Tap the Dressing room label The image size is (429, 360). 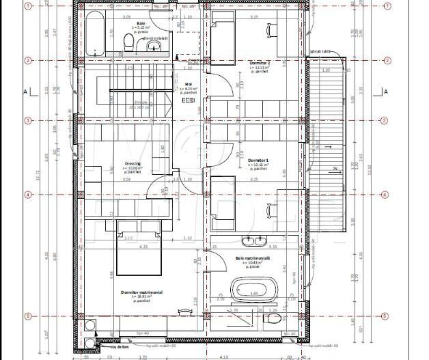pos(133,163)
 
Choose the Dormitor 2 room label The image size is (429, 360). pos(260,64)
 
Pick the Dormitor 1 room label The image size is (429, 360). pos(258,159)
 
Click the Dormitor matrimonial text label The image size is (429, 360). pos(141,292)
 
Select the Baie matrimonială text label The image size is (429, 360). pos(253,258)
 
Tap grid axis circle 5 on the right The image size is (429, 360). pos(385,316)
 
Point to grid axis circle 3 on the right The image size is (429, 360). pos(385,121)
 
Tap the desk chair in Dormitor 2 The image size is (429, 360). pos(271,30)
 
